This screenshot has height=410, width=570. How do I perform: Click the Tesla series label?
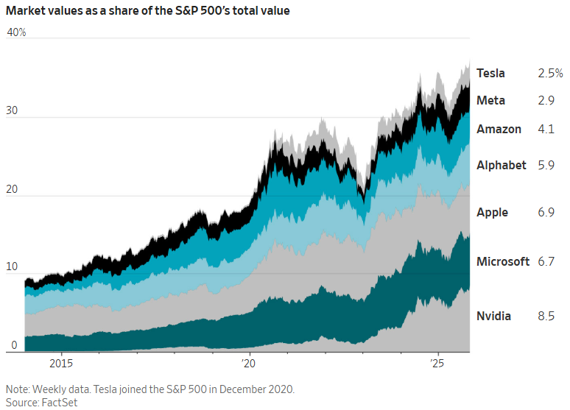coord(490,73)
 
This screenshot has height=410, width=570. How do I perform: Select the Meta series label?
coord(490,100)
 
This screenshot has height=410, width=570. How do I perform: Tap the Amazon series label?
coord(499,129)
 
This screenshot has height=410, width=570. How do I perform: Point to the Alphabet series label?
coord(501,165)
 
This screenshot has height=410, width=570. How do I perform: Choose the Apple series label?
coord(492,212)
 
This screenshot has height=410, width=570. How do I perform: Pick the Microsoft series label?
coord(503,261)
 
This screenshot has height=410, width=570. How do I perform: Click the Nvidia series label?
coord(493,316)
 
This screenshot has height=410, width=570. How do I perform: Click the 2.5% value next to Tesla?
coord(550,73)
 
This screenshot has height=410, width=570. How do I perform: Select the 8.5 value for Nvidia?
coord(546,316)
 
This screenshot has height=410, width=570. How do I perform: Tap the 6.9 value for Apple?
coord(546,212)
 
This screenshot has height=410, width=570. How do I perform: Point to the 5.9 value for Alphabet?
coord(546,165)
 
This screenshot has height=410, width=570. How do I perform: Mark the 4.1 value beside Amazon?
coord(546,129)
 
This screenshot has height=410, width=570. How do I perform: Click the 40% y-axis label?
coord(16,33)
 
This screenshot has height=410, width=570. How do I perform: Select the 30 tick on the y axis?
coord(13,111)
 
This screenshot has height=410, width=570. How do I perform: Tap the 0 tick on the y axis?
coord(14,344)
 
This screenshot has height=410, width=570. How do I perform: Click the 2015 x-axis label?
coord(61,364)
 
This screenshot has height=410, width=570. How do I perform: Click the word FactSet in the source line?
coord(60,402)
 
